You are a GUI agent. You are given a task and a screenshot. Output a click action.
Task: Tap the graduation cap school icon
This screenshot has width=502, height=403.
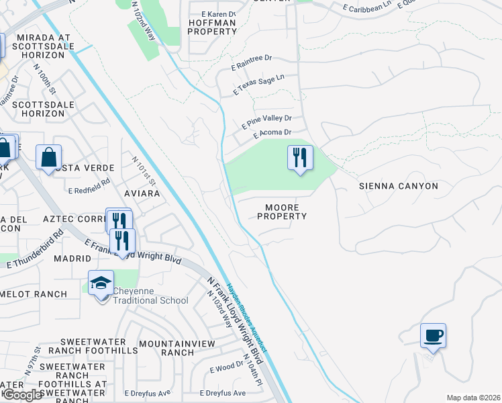point(101,283)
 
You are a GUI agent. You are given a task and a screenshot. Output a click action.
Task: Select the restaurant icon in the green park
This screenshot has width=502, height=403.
point(299,159)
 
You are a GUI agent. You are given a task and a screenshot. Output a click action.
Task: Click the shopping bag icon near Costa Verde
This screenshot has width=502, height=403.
point(48,158)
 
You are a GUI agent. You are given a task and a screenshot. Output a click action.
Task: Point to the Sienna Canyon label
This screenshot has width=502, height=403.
point(398,186)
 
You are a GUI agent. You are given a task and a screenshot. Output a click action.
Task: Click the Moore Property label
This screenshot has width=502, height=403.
point(282,212)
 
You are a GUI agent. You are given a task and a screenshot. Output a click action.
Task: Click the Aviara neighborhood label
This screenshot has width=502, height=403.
point(142,193)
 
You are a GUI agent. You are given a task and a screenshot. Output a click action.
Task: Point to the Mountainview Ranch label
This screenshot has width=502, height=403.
point(177,348)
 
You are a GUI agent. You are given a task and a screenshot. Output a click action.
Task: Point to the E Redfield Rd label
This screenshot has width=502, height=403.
point(89,190)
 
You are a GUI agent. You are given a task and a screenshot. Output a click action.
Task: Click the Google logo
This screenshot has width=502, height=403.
point(22,395)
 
